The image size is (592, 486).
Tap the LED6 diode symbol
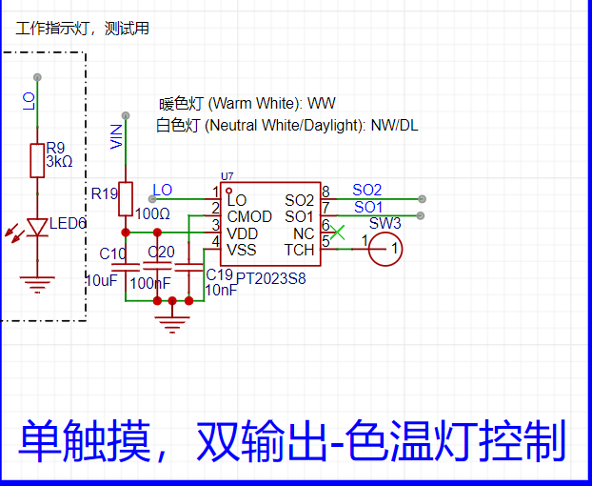(x=37, y=228)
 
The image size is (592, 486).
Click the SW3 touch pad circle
(x=386, y=251)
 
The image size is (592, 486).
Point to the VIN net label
(x=116, y=135)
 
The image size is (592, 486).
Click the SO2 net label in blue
(x=366, y=190)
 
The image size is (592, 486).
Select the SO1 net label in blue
(x=367, y=206)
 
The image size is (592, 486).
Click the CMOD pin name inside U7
(x=249, y=217)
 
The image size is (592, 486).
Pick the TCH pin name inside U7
(x=299, y=250)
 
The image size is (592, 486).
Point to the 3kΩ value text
(x=58, y=161)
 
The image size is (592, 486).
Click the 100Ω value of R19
(x=152, y=213)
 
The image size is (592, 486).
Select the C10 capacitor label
(x=112, y=253)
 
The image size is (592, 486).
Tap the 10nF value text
(x=222, y=290)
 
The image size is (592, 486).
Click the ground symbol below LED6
(x=37, y=283)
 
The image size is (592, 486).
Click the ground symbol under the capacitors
(x=172, y=324)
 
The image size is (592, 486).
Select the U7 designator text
(x=226, y=176)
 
